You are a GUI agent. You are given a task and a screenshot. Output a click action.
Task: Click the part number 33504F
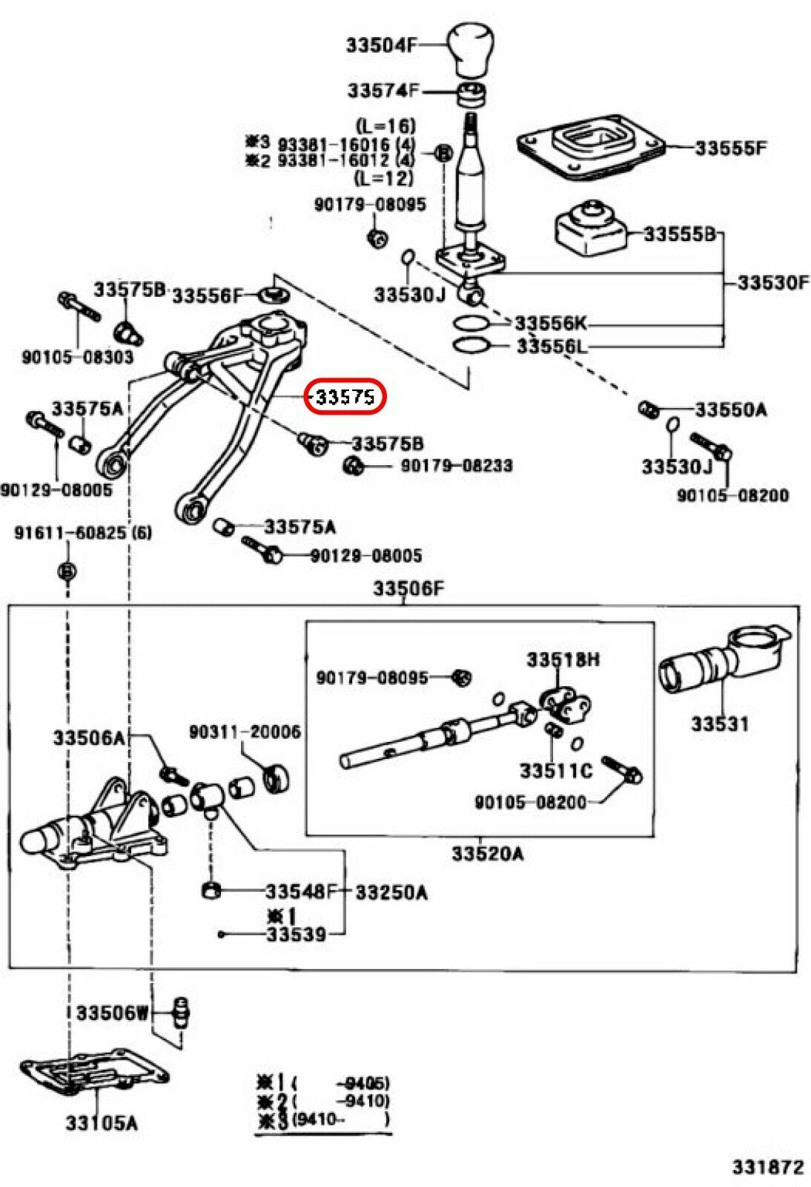pyautogui.click(x=381, y=45)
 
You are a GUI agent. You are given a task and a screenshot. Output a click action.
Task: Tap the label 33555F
pyautogui.click(x=730, y=148)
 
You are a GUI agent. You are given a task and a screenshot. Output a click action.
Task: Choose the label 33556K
pyautogui.click(x=550, y=323)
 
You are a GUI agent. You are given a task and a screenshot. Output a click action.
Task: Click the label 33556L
pyautogui.click(x=552, y=346)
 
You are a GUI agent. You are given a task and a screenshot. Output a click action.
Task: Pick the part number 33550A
pyautogui.click(x=730, y=410)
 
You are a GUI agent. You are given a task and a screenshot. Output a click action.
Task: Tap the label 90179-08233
pyautogui.click(x=457, y=466)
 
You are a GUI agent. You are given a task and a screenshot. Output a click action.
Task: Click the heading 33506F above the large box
pyautogui.click(x=408, y=589)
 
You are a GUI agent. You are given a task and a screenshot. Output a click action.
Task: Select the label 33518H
pyautogui.click(x=563, y=660)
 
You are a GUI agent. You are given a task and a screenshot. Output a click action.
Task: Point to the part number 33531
pyautogui.click(x=720, y=723)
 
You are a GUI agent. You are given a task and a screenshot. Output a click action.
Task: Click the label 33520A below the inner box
pyautogui.click(x=488, y=854)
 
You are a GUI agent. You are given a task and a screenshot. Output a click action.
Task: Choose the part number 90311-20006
pyautogui.click(x=245, y=732)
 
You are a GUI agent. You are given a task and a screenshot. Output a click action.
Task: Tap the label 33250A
pyautogui.click(x=391, y=892)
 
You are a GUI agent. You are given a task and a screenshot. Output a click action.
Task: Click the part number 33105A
pyautogui.click(x=102, y=1123)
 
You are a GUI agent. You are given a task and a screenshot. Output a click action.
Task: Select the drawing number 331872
pyautogui.click(x=767, y=1167)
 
